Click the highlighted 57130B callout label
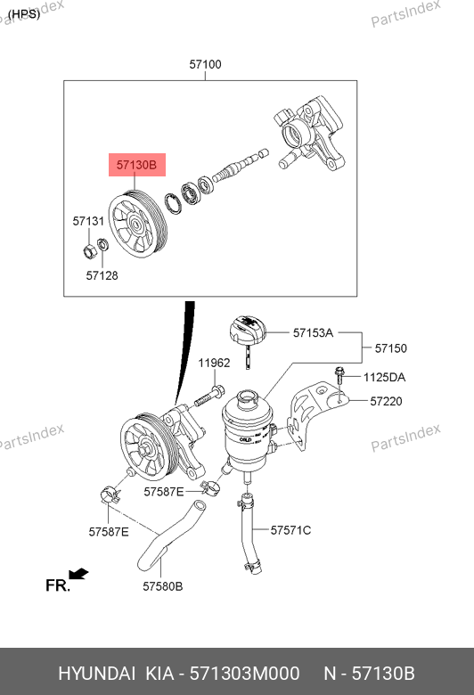pyautogui.click(x=137, y=165)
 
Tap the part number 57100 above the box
pyautogui.click(x=205, y=64)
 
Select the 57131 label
pyautogui.click(x=88, y=221)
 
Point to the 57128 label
pyautogui.click(x=102, y=275)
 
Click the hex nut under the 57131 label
pyautogui.click(x=90, y=251)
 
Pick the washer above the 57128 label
pyautogui.click(x=102, y=244)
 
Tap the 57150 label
pyautogui.click(x=390, y=348)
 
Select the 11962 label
pyautogui.click(x=214, y=363)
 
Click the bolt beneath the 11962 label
pyautogui.click(x=209, y=397)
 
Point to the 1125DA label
pyautogui.click(x=384, y=377)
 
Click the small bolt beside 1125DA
pyautogui.click(x=339, y=375)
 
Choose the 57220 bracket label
pyautogui.click(x=386, y=401)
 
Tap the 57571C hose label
pyautogui.click(x=290, y=530)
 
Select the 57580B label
pyautogui.click(x=163, y=586)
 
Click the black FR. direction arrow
pyautogui.click(x=79, y=574)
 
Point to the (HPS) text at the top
pyautogui.click(x=24, y=14)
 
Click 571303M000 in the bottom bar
pyautogui.click(x=245, y=674)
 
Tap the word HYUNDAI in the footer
pyautogui.click(x=96, y=674)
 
